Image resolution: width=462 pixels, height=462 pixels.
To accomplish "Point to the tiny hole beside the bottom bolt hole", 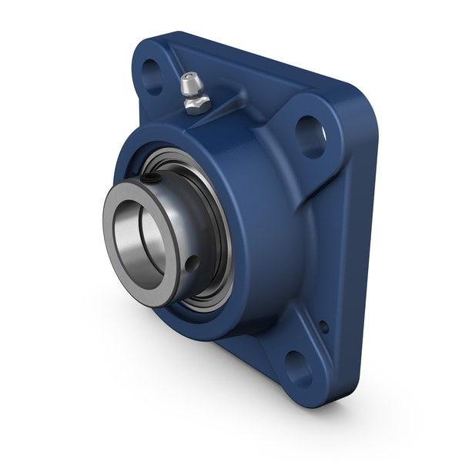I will pos(323,327).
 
